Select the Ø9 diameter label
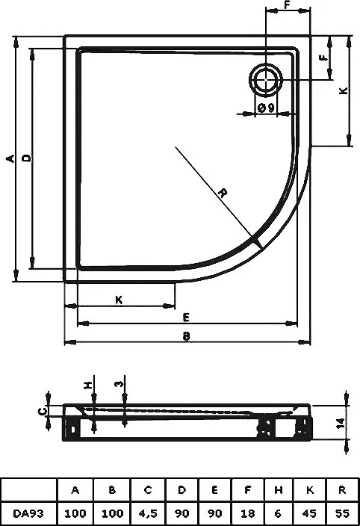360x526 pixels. tap(267, 108)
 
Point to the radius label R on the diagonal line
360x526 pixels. tap(223, 193)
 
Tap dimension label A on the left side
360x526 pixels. tap(10, 158)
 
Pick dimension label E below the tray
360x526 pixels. tap(187, 317)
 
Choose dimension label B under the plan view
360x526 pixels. tap(187, 336)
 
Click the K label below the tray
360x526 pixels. tap(119, 300)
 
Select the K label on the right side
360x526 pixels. tap(344, 90)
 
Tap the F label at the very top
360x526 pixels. tap(288, 5)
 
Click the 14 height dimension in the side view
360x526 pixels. tap(340, 423)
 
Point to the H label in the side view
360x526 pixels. tap(88, 385)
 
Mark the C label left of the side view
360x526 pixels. tap(42, 411)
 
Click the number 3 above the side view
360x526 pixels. tap(120, 383)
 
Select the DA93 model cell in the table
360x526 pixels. tap(28, 513)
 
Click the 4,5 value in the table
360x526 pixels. tap(148, 513)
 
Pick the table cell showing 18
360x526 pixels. tap(247, 513)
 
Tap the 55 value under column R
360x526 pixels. tap(342, 513)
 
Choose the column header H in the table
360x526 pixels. tap(278, 490)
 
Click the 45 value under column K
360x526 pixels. tap(309, 513)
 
